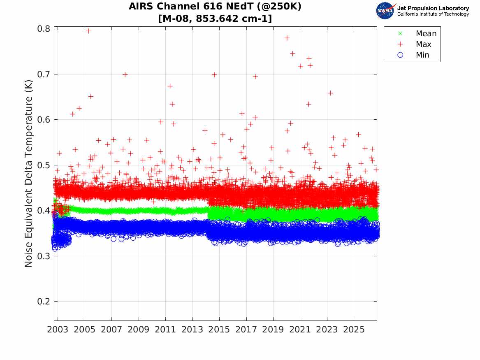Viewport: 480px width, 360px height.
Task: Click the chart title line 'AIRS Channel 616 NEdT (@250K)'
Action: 215,7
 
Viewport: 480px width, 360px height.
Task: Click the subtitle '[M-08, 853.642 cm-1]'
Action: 215,19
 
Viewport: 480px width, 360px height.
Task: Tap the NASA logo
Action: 385,11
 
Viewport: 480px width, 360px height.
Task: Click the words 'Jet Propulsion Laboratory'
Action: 433,8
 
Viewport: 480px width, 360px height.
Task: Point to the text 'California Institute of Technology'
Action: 433,14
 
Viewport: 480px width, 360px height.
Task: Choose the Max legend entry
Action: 415,44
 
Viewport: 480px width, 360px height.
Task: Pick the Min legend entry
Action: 413,55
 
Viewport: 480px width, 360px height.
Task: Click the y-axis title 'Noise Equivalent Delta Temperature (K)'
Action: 28,174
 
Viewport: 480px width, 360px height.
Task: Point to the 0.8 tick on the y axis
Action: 44,29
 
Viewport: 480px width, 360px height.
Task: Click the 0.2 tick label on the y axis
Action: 44,301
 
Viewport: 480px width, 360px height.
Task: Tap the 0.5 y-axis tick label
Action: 44,165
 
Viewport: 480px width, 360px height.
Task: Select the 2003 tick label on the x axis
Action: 58,330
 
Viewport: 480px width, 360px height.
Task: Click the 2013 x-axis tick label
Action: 192,330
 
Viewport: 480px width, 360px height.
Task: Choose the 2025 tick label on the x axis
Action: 354,330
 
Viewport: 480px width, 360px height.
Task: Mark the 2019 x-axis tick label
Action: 273,330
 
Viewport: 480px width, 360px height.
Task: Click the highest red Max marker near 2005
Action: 88,31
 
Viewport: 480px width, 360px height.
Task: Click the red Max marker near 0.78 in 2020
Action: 287,38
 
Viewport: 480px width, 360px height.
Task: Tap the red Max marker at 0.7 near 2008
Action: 125,74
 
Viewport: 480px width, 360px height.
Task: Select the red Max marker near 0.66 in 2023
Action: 330,93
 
